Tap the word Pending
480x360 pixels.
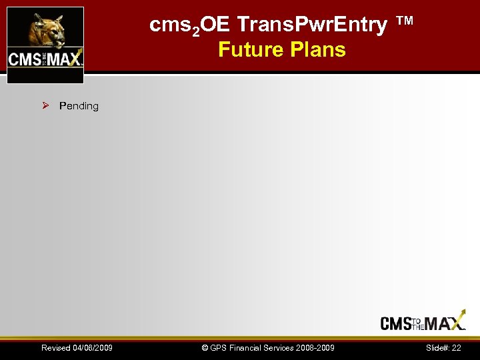pos(79,106)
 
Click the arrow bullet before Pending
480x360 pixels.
pos(45,105)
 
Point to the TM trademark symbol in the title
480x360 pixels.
pos(404,21)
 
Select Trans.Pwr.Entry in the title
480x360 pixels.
pos(312,25)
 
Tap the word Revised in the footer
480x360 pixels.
pos(55,348)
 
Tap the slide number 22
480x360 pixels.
pos(456,348)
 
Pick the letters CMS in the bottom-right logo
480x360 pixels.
pos(395,324)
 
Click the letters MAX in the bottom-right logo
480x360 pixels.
pos(445,323)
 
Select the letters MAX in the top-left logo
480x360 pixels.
pos(63,59)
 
